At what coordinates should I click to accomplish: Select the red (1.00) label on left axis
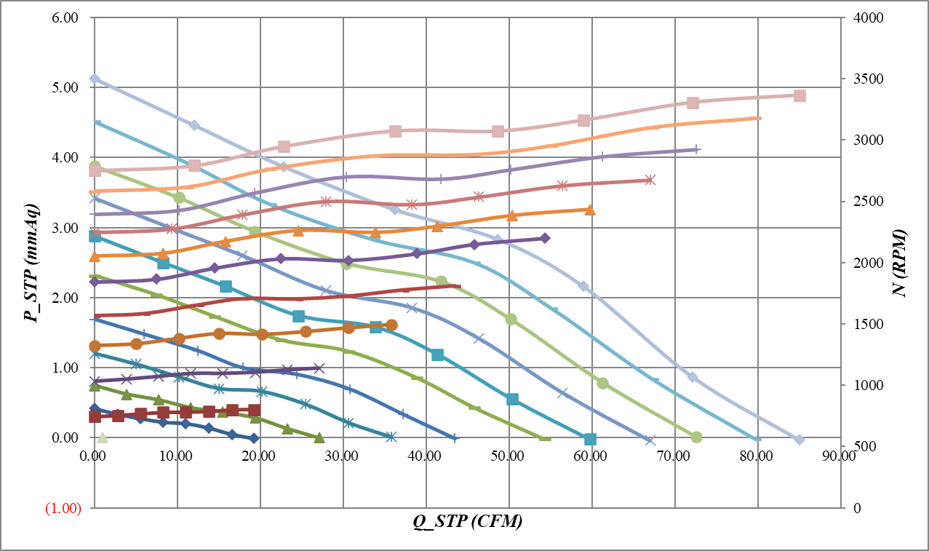tap(63, 508)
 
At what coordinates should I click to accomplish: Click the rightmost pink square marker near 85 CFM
tap(800, 96)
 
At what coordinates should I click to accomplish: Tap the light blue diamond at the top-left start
tap(95, 79)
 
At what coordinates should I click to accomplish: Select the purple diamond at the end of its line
tap(545, 238)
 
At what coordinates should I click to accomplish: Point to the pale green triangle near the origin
tap(103, 437)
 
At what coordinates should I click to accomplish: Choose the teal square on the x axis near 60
tap(590, 439)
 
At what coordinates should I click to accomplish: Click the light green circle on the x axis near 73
tap(696, 437)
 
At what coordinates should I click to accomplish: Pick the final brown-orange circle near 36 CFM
tap(391, 325)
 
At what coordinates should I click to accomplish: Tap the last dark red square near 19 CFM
tap(254, 411)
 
